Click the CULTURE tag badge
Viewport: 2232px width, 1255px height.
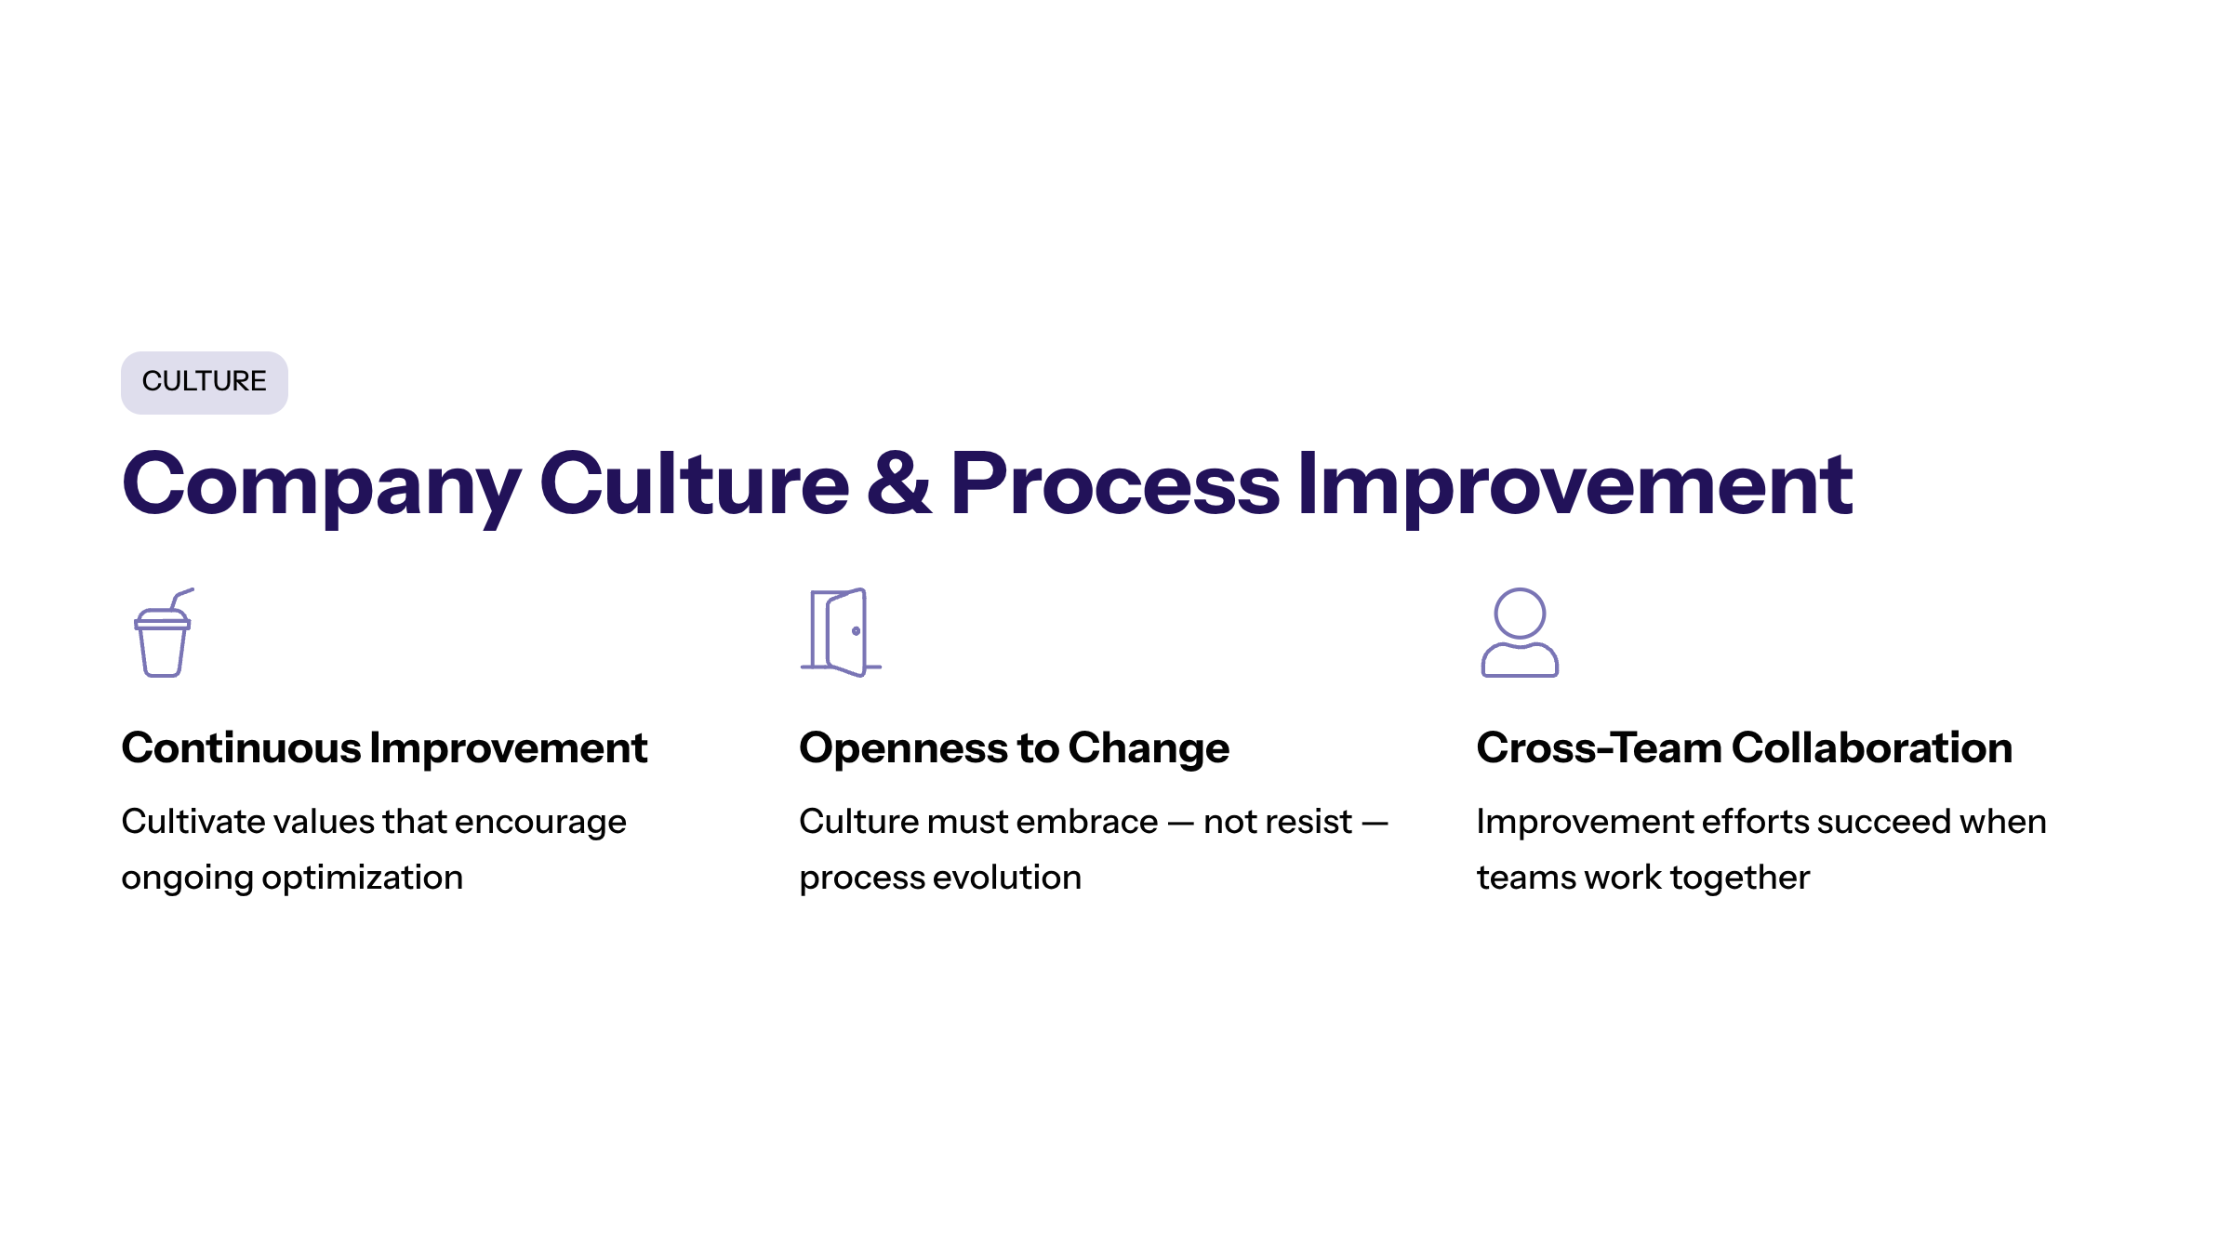205,382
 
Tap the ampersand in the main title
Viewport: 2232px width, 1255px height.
898,482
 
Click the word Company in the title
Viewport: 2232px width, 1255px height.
322,486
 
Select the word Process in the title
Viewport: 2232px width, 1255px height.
1115,482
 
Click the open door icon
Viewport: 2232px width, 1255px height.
841,632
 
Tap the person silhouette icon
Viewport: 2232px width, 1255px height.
1520,632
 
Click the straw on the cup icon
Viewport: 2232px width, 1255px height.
180,597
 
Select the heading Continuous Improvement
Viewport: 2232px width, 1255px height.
384,748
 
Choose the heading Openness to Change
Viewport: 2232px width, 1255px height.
1014,749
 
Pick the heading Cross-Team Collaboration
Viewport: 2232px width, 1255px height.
1745,748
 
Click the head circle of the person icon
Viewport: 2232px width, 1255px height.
1520,614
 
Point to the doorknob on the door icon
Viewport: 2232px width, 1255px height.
856,631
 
